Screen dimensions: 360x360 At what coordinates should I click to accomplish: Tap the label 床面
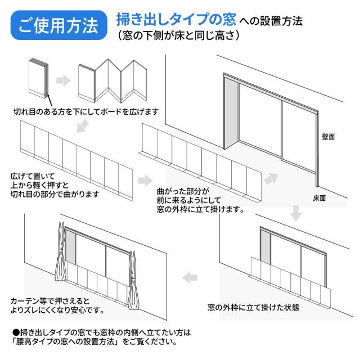click(319, 198)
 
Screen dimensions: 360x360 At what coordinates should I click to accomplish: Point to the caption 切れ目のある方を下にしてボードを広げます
click(85, 111)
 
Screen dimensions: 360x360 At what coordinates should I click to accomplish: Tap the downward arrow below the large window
click(296, 214)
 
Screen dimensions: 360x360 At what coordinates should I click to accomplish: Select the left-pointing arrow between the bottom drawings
click(191, 277)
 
